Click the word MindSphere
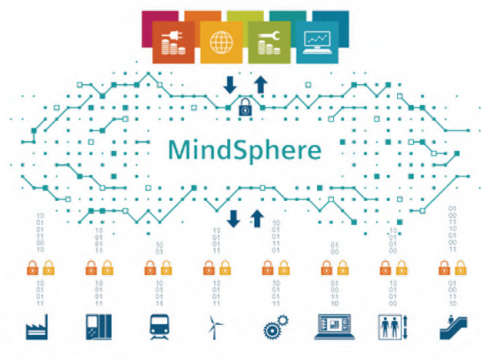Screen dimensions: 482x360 pos(245,151)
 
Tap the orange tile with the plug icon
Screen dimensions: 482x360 pos(173,42)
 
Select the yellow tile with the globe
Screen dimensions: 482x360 pos(221,42)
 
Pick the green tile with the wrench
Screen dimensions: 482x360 pos(269,42)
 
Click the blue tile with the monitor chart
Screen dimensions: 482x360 pos(317,42)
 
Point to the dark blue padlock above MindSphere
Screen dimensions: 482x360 pos(246,107)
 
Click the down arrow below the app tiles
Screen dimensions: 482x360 pos(230,85)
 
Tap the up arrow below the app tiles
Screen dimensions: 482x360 pos(261,84)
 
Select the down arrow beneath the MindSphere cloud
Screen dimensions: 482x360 pos(233,219)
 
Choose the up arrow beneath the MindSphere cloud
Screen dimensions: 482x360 pos(257,218)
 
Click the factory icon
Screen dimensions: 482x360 pos(37,327)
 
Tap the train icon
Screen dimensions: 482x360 pos(159,327)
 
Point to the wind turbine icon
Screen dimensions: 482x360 pos(215,327)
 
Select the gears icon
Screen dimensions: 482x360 pos(276,327)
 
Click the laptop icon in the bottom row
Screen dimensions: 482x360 pos(334,327)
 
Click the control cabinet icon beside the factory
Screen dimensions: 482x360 pos(99,327)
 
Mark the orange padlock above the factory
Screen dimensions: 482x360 pos(32,267)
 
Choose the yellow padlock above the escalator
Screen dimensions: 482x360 pos(460,267)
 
